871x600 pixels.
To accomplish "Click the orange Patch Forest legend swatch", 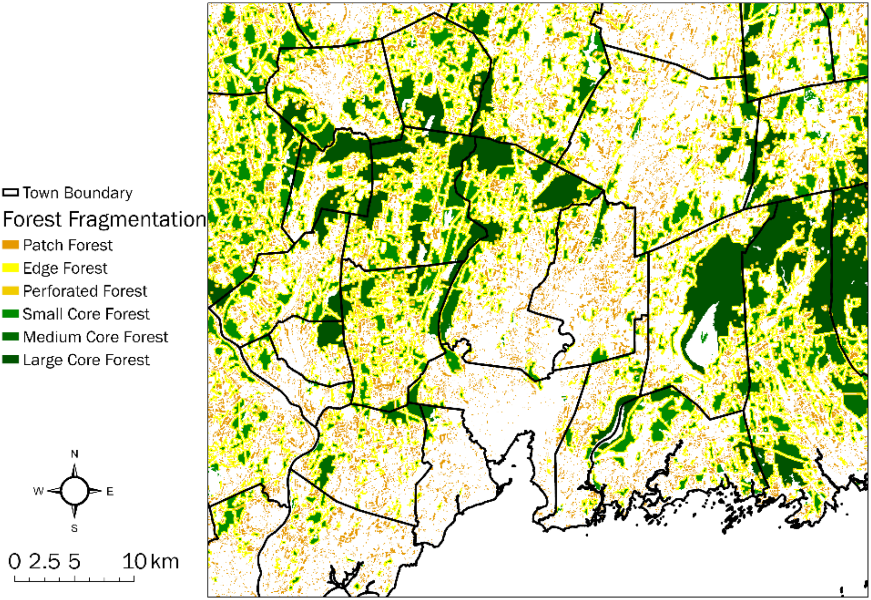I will pyautogui.click(x=10, y=245).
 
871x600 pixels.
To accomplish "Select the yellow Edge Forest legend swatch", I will pyautogui.click(x=10, y=268).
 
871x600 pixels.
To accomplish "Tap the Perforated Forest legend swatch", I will pyautogui.click(x=10, y=291).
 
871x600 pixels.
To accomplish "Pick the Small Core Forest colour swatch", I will pyautogui.click(x=10, y=314).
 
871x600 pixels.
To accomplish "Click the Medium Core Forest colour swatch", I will pyautogui.click(x=10, y=337).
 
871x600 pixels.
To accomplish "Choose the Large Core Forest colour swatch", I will pyautogui.click(x=10, y=360).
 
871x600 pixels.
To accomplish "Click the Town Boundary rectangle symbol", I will pyautogui.click(x=10, y=193).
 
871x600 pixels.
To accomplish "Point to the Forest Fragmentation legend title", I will pyautogui.click(x=104, y=219).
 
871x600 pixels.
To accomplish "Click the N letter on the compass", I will pyautogui.click(x=75, y=454).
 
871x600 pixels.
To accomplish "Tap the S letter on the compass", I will pyautogui.click(x=75, y=528).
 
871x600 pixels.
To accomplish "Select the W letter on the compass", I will pyautogui.click(x=38, y=491).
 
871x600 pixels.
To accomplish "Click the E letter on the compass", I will pyautogui.click(x=110, y=491).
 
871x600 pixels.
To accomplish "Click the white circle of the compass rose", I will pyautogui.click(x=75, y=491).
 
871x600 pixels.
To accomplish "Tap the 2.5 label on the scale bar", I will pyautogui.click(x=44, y=562).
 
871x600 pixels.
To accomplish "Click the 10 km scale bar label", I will pyautogui.click(x=151, y=562).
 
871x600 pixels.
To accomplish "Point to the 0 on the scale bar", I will pyautogui.click(x=15, y=562).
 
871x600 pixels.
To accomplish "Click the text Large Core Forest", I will pyautogui.click(x=86, y=360).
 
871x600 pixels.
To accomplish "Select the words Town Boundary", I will pyautogui.click(x=78, y=193).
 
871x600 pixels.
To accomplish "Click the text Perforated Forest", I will pyautogui.click(x=85, y=291).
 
